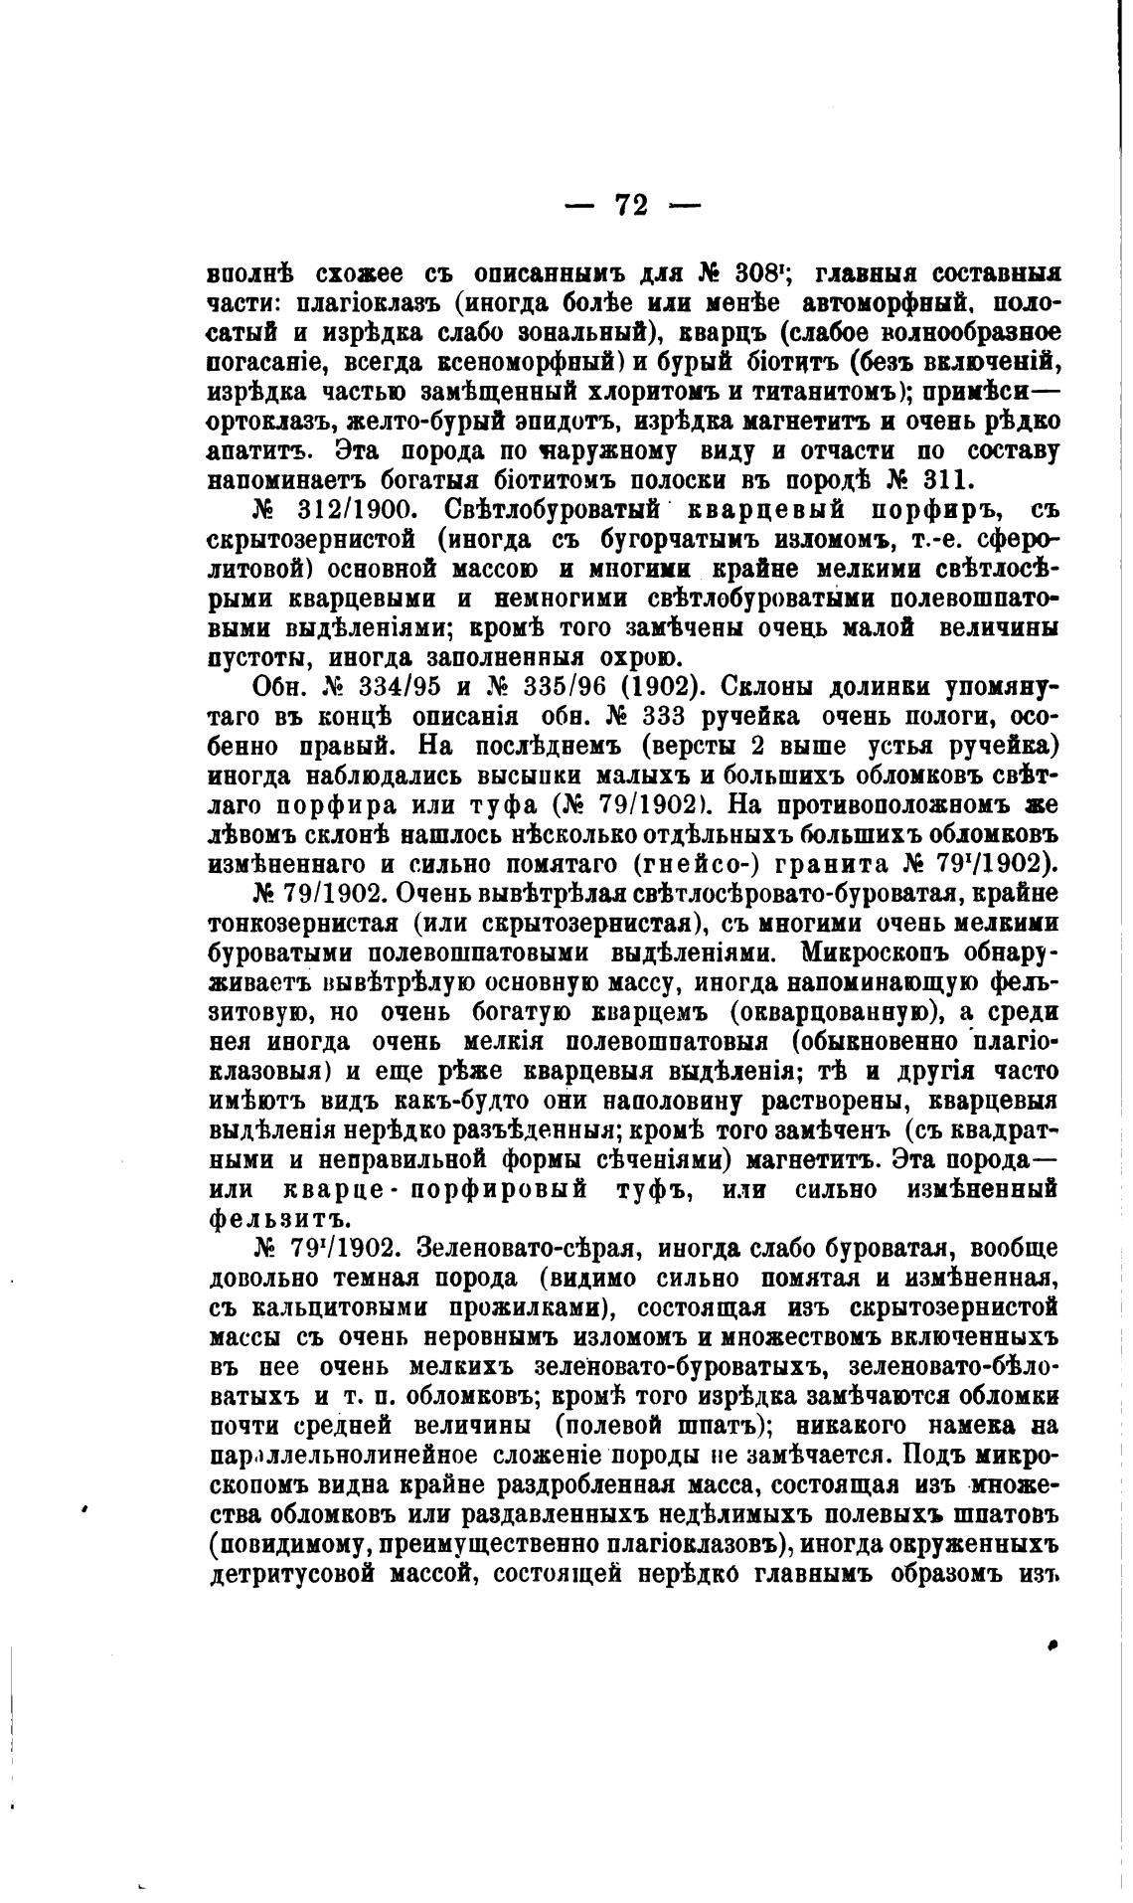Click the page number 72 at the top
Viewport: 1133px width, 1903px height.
632,205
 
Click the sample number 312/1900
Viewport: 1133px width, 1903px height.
348,510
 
